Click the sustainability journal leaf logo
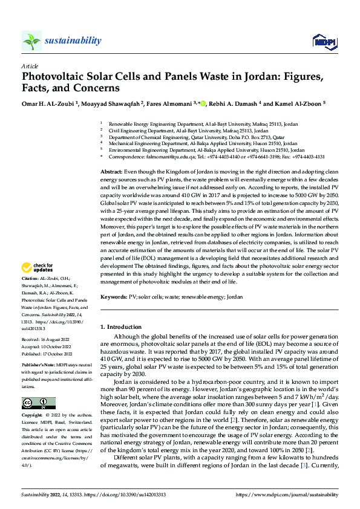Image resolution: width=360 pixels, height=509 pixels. click(x=31, y=41)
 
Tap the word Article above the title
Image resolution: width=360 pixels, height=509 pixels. click(x=30, y=66)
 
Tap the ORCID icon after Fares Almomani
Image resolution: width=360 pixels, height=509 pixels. click(x=203, y=103)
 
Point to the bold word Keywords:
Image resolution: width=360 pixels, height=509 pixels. click(x=114, y=297)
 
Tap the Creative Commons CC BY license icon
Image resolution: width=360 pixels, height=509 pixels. click(x=38, y=403)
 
